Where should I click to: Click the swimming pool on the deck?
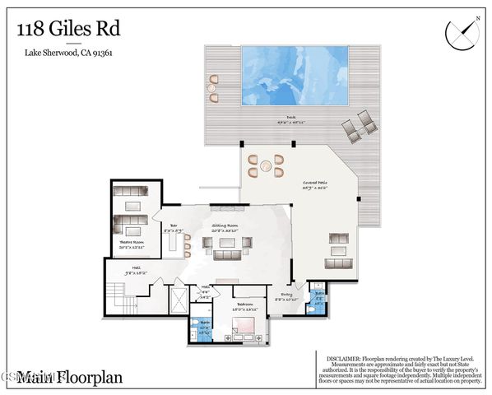(294, 76)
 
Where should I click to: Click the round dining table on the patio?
(266, 166)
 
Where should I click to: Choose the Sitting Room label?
(225, 226)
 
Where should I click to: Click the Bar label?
(174, 228)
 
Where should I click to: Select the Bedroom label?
(244, 306)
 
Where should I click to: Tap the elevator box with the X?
(179, 300)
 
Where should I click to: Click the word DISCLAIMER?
(338, 358)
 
